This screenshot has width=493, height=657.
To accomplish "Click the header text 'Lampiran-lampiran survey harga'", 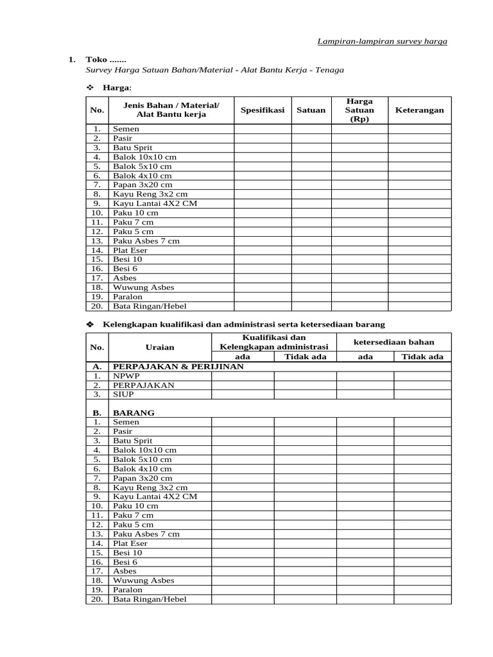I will pyautogui.click(x=383, y=41).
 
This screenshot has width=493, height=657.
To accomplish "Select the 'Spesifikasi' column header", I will pyautogui.click(x=262, y=110).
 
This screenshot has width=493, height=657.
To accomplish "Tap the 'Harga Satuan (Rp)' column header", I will pyautogui.click(x=359, y=110).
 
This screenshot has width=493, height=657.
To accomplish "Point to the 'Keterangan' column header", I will pyautogui.click(x=419, y=110).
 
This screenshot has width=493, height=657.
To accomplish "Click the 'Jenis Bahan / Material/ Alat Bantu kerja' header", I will pyautogui.click(x=171, y=110).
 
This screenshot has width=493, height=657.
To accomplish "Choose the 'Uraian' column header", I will pyautogui.click(x=160, y=347).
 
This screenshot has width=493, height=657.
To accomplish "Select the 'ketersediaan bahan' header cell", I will pyautogui.click(x=394, y=342).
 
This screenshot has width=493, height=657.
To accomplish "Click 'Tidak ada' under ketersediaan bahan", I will pyautogui.click(x=422, y=357).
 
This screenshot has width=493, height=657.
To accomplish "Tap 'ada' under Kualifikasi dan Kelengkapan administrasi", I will pyautogui.click(x=243, y=357).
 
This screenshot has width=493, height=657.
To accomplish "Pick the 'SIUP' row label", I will pyautogui.click(x=123, y=395).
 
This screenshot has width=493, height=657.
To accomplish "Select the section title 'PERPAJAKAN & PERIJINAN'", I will pyautogui.click(x=178, y=366).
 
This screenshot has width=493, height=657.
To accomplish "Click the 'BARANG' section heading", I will pyautogui.click(x=134, y=413).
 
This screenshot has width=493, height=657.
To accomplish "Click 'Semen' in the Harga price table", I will pyautogui.click(x=126, y=129).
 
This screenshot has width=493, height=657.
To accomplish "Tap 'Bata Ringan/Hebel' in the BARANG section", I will pyautogui.click(x=145, y=599).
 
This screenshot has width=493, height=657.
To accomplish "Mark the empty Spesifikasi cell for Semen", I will pyautogui.click(x=262, y=129).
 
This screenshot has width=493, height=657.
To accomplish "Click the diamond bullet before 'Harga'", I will pyautogui.click(x=90, y=87).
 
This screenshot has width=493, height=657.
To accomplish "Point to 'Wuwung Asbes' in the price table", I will pyautogui.click(x=143, y=287).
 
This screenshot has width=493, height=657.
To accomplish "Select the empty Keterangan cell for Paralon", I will pyautogui.click(x=419, y=297).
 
